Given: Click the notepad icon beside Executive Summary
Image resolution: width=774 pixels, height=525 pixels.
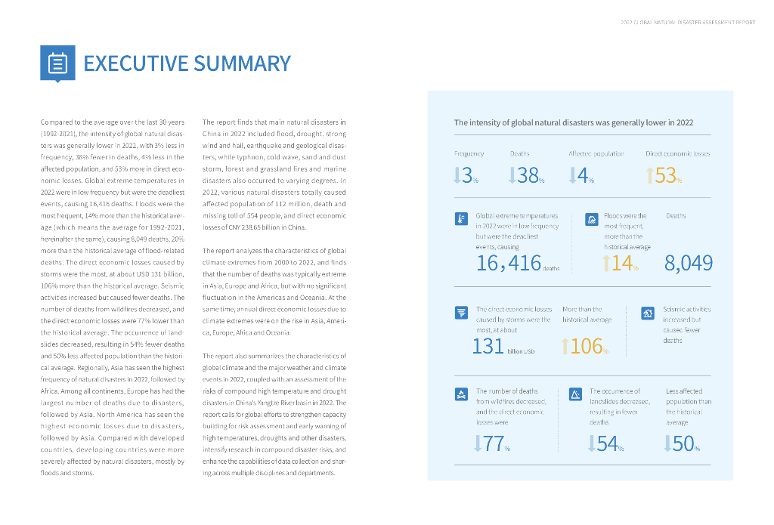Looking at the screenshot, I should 57,63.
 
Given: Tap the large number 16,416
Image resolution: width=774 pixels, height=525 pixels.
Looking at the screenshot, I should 509,263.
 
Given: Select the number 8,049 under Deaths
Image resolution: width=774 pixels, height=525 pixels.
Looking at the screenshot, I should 688,263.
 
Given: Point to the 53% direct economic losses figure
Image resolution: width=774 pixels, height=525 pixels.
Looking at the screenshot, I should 664,176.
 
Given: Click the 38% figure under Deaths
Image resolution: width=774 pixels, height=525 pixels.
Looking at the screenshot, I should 526,176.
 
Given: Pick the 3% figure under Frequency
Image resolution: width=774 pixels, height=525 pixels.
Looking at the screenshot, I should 466,176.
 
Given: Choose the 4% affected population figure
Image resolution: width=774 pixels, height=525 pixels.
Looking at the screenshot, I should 582,176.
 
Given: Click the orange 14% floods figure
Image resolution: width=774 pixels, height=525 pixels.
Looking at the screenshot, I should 621,263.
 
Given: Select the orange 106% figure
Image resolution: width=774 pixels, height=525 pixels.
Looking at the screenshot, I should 586,347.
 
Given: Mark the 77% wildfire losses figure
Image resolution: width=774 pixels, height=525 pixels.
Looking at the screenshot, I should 493,444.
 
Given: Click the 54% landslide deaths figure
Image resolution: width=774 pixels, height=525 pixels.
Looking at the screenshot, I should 607,444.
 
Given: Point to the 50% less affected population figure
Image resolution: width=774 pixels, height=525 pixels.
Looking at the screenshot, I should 683,444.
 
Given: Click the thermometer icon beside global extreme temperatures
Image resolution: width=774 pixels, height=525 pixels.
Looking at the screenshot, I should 461,219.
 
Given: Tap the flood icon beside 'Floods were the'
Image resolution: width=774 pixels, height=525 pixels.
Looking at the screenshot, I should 593,219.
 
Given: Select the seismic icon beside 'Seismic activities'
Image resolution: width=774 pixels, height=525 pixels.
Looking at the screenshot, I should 647,312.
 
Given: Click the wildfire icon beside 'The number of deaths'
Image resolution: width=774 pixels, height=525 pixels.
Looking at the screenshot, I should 461,394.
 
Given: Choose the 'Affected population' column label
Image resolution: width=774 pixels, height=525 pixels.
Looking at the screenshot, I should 596,153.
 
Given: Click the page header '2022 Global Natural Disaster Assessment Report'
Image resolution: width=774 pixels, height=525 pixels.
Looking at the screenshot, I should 687,23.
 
